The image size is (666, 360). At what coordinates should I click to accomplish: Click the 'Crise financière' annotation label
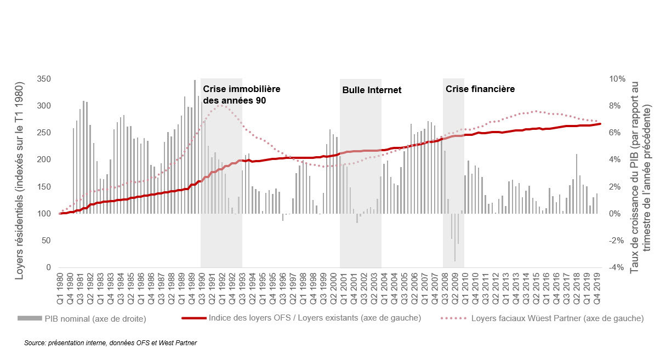[x=480, y=89]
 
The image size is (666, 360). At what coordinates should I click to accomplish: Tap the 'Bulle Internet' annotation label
[x=372, y=90]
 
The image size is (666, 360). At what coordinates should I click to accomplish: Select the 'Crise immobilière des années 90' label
[x=242, y=94]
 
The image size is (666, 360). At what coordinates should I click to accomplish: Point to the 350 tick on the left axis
[x=44, y=79]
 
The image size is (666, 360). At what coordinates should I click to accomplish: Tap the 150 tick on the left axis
[x=44, y=187]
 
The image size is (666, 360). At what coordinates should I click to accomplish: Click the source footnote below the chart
[x=110, y=343]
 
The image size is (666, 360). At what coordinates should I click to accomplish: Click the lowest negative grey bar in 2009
[x=455, y=260]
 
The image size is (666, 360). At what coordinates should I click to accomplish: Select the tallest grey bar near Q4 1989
[x=195, y=81]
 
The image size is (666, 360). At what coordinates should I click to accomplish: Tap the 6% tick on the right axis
[x=618, y=133]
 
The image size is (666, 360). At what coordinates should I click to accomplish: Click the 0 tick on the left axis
[x=48, y=267]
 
